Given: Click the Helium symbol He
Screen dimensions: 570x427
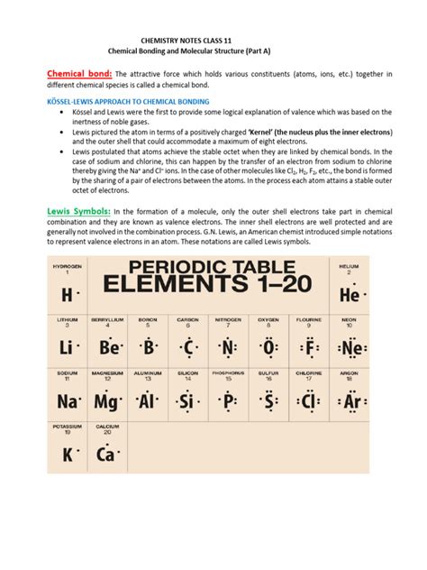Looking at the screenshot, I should (x=349, y=295).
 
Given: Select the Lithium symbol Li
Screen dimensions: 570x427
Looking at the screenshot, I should (x=68, y=347).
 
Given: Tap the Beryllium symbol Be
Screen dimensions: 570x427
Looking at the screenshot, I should (x=109, y=347).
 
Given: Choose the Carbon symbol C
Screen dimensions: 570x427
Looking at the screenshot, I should (x=188, y=347).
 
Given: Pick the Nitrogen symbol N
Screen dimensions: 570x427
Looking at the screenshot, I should (x=229, y=347).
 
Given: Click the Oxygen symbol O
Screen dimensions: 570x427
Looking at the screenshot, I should (x=268, y=347).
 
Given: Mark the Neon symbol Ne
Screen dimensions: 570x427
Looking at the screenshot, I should (x=350, y=347).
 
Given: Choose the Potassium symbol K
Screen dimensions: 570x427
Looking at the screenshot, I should (x=68, y=455).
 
